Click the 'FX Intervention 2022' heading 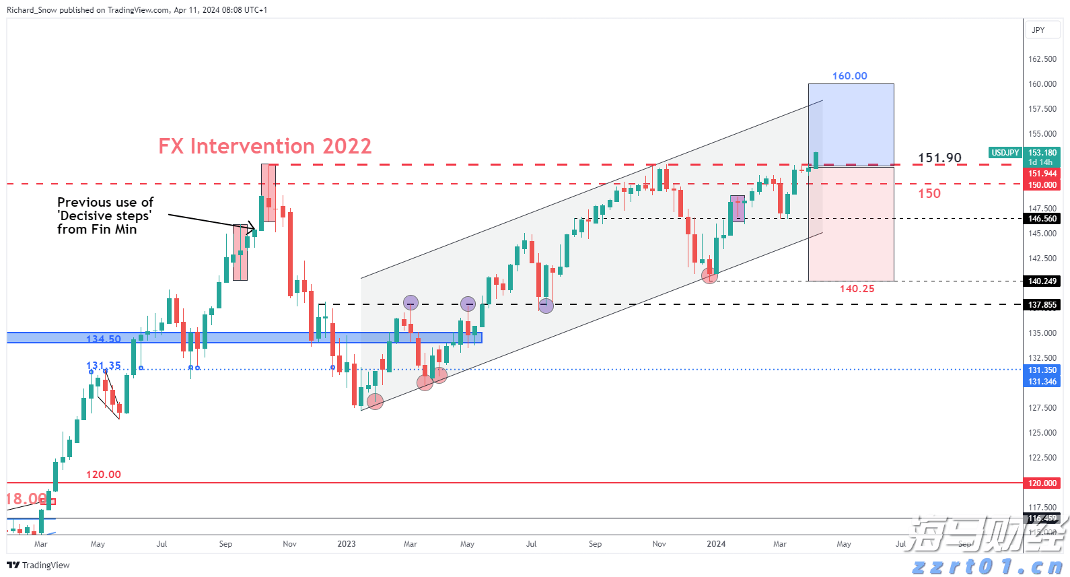[264, 146]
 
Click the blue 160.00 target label [849, 76]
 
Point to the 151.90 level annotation [939, 158]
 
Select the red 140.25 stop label [857, 289]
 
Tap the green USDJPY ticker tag [1005, 153]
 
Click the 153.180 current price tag [1042, 153]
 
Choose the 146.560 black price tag [1042, 219]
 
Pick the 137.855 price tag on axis [1042, 305]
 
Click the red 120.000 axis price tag [1042, 483]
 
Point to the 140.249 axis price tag [1042, 281]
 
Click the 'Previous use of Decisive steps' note [105, 215]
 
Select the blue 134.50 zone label [104, 339]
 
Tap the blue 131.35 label [104, 366]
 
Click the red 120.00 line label [104, 475]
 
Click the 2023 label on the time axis [346, 544]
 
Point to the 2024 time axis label [716, 544]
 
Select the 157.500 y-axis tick [1042, 109]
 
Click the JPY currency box [1038, 30]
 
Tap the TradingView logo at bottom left [38, 565]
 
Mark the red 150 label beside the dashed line [929, 194]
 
